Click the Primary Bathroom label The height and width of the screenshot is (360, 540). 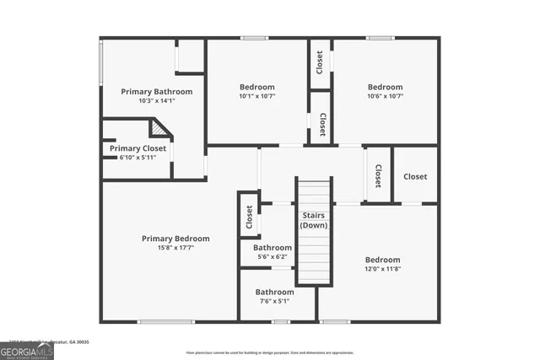point(156,91)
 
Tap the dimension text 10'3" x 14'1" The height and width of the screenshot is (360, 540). point(156,100)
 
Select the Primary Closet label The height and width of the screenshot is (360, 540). point(138,148)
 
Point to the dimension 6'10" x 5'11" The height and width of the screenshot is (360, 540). point(138,158)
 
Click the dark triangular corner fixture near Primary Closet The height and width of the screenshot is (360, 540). point(159,128)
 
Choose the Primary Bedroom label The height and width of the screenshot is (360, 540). point(175,239)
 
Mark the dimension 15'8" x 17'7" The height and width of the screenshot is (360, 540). point(175,248)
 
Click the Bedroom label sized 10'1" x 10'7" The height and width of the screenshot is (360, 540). point(256,87)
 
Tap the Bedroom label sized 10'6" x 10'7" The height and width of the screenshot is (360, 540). point(385,87)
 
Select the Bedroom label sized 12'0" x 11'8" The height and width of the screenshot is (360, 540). point(382,260)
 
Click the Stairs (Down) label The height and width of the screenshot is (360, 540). point(314,221)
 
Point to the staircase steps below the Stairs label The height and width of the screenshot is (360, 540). point(314,257)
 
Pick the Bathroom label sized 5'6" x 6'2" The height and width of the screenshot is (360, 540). point(273,248)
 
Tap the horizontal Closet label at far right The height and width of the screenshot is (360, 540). point(414,176)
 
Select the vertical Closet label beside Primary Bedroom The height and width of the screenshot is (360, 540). point(250,218)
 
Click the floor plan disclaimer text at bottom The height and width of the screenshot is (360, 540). point(270,352)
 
